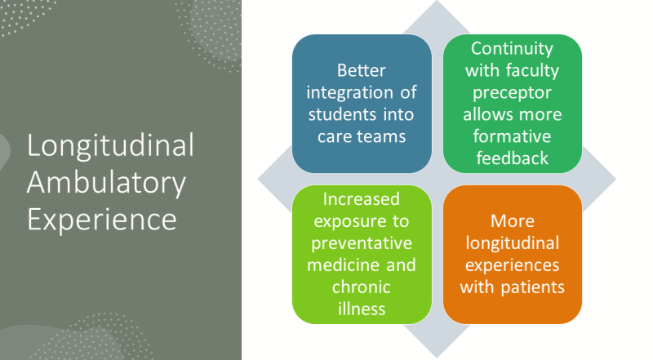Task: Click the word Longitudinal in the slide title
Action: pos(110,146)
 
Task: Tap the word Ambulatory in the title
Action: pos(106,184)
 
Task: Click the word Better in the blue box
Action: pos(362,70)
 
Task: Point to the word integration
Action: pos(350,93)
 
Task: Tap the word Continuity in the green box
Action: pos(513,49)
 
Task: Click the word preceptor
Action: pos(513,93)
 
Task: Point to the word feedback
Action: pos(513,158)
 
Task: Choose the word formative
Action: pos(513,136)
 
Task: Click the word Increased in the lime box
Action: pos(362,199)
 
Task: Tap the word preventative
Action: pos(362,243)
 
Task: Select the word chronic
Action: pos(362,287)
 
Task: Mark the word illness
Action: pos(362,309)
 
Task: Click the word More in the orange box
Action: pos(513,221)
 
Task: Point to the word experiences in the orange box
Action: pos(513,266)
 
